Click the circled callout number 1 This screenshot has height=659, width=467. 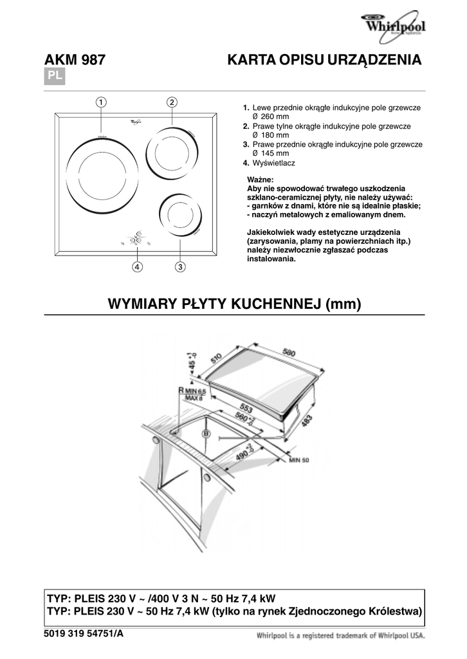(x=101, y=102)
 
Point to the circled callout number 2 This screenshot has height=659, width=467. (x=172, y=102)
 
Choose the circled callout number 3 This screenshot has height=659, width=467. (x=180, y=266)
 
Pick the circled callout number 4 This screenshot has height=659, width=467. (x=137, y=266)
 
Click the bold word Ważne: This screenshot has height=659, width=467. (x=261, y=180)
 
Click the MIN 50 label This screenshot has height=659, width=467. (x=300, y=460)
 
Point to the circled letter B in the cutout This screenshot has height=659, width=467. (x=206, y=434)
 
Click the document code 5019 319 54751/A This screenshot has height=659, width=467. (x=84, y=634)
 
